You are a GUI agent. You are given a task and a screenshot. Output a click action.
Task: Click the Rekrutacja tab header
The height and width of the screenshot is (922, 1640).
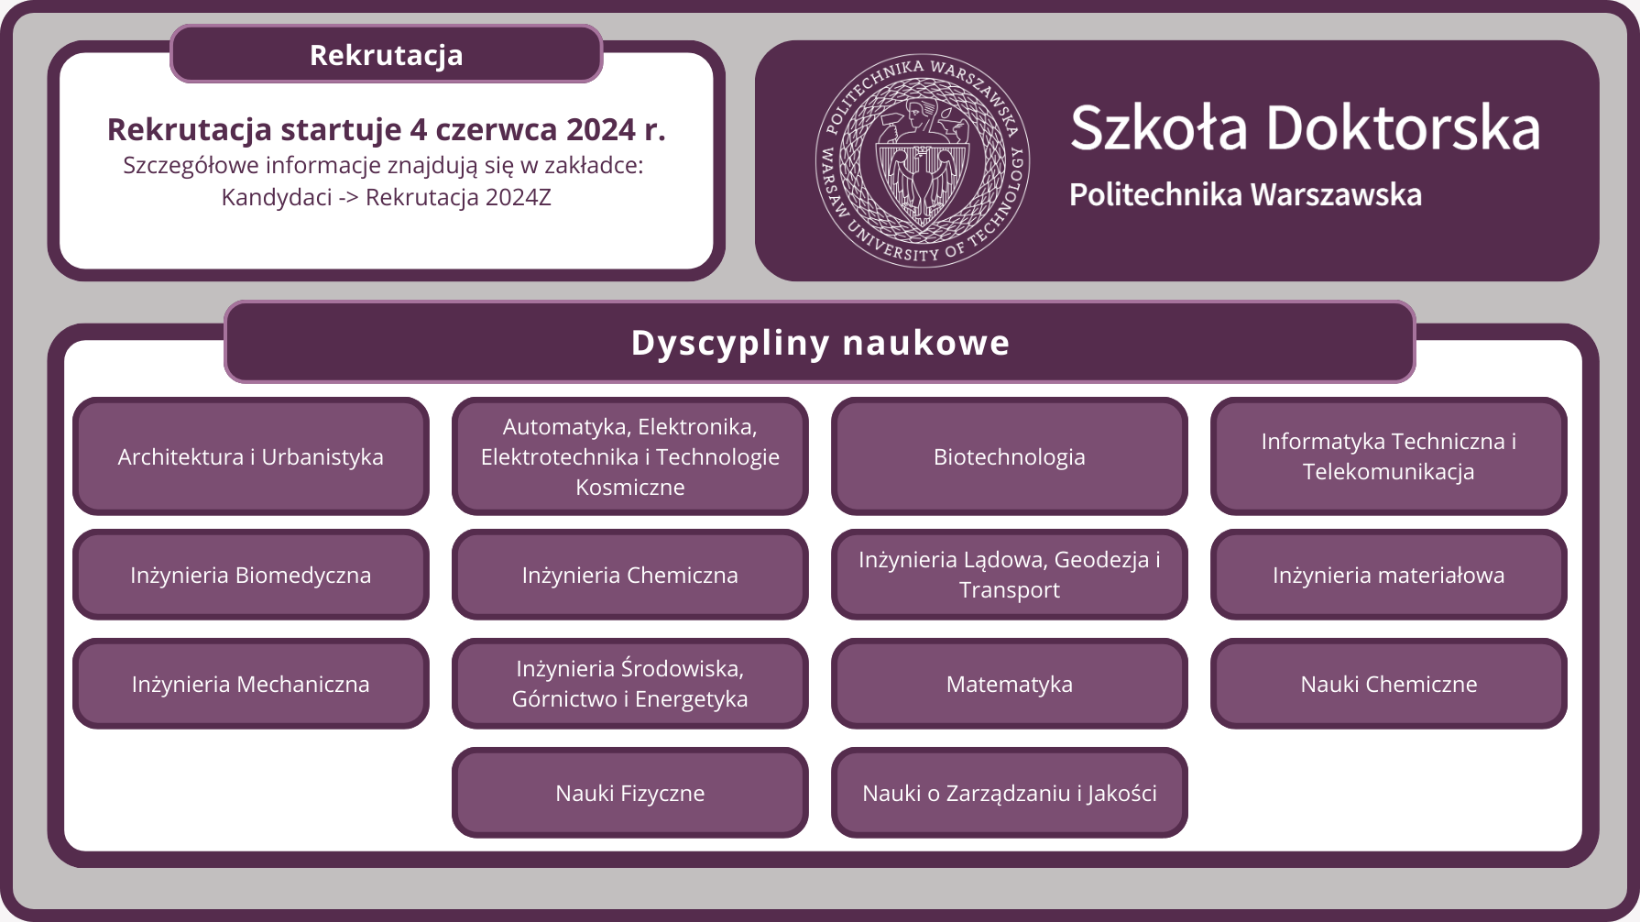(x=386, y=54)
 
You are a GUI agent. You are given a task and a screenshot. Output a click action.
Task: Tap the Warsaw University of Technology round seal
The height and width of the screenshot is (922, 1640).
(x=923, y=160)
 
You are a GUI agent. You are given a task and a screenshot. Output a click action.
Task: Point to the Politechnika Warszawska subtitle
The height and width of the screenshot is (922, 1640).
(x=1245, y=194)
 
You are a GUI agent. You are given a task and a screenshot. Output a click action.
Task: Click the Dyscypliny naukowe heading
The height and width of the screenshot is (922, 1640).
(x=820, y=342)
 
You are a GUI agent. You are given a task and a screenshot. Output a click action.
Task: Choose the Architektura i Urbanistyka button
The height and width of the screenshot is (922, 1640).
(x=250, y=456)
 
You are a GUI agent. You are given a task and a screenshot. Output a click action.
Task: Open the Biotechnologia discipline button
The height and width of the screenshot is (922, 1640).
(x=1009, y=456)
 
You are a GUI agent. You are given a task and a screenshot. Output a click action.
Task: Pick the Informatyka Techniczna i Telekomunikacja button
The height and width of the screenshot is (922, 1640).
(x=1388, y=456)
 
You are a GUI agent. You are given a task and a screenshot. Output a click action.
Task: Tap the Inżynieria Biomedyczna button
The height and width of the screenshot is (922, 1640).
(x=250, y=575)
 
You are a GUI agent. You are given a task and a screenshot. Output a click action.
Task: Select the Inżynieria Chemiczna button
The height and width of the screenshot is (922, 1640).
(x=629, y=575)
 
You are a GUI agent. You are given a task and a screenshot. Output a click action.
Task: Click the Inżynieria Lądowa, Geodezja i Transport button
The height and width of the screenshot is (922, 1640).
(x=1009, y=575)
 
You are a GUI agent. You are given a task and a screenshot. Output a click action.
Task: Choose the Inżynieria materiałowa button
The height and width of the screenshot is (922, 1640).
(x=1388, y=575)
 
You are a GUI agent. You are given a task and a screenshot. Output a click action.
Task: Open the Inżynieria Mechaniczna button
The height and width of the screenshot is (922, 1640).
(x=250, y=684)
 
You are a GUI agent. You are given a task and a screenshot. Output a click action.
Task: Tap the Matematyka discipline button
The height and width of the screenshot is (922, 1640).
(x=1009, y=684)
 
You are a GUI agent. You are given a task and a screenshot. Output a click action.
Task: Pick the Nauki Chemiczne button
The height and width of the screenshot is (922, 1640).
(x=1388, y=684)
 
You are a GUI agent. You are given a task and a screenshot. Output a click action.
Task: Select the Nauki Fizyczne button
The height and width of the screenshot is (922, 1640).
(x=629, y=793)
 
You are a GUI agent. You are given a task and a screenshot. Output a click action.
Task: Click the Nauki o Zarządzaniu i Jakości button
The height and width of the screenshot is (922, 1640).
(x=1009, y=793)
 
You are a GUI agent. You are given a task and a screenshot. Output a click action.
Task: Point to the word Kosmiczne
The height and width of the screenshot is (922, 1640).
(x=630, y=487)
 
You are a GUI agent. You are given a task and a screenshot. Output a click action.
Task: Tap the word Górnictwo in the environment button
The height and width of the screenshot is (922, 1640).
(x=564, y=699)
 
